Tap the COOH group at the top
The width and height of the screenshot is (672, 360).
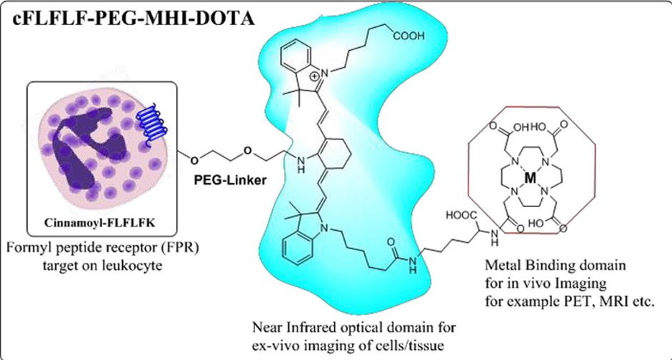tap(408, 37)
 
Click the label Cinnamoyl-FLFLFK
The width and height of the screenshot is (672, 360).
tap(102, 224)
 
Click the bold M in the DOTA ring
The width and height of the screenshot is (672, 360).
tap(531, 179)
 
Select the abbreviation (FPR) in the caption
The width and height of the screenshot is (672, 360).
tap(179, 249)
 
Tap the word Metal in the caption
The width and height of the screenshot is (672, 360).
tap(501, 265)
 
